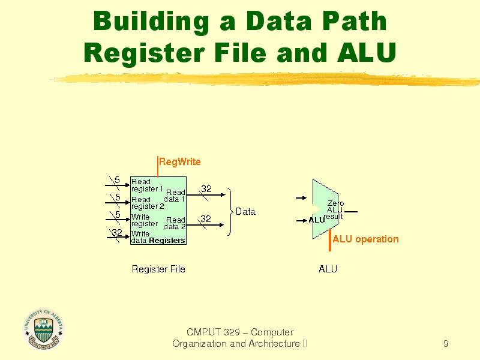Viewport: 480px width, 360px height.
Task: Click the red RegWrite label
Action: tap(179, 161)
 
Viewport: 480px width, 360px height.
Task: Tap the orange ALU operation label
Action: tap(365, 239)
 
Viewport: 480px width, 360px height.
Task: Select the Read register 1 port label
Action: tap(147, 185)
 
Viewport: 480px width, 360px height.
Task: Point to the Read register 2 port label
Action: tap(147, 203)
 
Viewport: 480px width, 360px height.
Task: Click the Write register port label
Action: tap(145, 220)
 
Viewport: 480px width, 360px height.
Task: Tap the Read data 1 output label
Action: tap(175, 196)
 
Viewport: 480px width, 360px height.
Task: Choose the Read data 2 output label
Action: tap(175, 223)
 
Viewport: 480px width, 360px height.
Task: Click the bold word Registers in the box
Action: tap(167, 241)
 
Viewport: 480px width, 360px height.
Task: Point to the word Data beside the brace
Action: tap(245, 211)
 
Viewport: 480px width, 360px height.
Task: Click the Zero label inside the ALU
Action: tap(335, 203)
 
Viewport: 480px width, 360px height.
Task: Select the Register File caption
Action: tap(158, 269)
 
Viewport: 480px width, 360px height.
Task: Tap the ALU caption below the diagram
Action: tap(328, 269)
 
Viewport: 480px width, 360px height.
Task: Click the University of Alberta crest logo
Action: tap(43, 329)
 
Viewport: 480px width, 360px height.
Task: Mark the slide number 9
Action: tap(446, 344)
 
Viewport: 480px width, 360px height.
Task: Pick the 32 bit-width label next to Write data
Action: tap(117, 233)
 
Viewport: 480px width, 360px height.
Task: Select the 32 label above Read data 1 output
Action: tap(206, 188)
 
